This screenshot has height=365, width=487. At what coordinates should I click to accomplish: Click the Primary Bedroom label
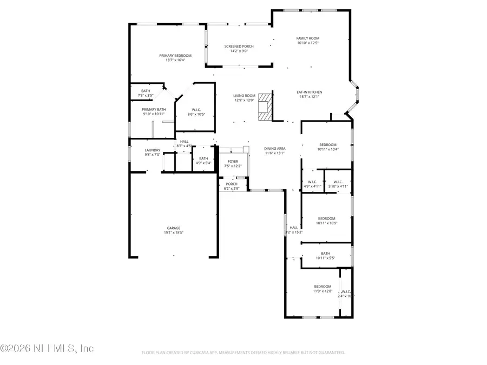[172, 55]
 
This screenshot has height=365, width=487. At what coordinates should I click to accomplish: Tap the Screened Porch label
[239, 47]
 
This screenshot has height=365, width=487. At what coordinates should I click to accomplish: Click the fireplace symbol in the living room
[264, 107]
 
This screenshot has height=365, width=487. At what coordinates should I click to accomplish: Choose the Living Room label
[244, 96]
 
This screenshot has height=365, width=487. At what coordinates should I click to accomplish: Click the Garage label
[173, 228]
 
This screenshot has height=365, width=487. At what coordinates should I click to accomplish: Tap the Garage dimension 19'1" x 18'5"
[173, 233]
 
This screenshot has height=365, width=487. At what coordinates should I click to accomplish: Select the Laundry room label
[153, 150]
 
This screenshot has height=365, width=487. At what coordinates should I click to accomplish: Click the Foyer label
[233, 161]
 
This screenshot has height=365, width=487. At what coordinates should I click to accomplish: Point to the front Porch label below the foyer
[232, 184]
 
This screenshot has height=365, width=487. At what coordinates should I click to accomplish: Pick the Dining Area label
[275, 148]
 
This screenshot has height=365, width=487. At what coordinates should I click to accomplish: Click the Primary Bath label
[154, 109]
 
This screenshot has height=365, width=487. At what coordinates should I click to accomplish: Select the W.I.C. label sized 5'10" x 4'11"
[338, 182]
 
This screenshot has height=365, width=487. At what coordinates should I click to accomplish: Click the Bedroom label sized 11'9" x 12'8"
[323, 287]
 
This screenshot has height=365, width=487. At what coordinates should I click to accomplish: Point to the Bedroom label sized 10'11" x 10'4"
[327, 144]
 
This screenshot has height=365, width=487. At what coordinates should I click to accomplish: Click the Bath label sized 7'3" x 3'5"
[146, 91]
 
